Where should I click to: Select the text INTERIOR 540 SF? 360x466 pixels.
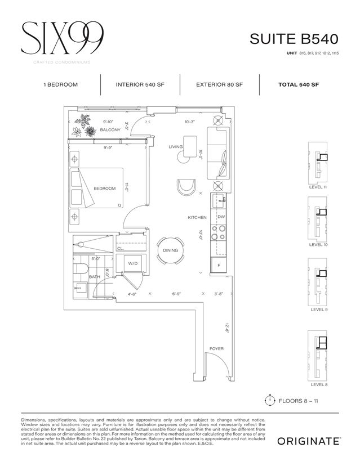pyautogui.click(x=140, y=84)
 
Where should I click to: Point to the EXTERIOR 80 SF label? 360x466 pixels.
pyautogui.click(x=219, y=84)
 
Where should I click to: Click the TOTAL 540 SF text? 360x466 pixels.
pyautogui.click(x=299, y=84)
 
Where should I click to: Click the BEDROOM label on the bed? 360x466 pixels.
pyautogui.click(x=104, y=189)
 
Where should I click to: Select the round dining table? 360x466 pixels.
pyautogui.click(x=170, y=250)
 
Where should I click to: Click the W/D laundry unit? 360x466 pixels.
pyautogui.click(x=134, y=263)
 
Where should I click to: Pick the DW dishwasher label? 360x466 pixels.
pyautogui.click(x=221, y=217)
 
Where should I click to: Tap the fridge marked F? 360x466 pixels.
pyautogui.click(x=219, y=265)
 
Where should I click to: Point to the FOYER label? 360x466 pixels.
pyautogui.click(x=216, y=349)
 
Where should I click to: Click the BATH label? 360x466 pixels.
pyautogui.click(x=95, y=277)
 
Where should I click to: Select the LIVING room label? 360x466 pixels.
pyautogui.click(x=176, y=147)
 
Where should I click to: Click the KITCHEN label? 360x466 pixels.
pyautogui.click(x=197, y=217)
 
